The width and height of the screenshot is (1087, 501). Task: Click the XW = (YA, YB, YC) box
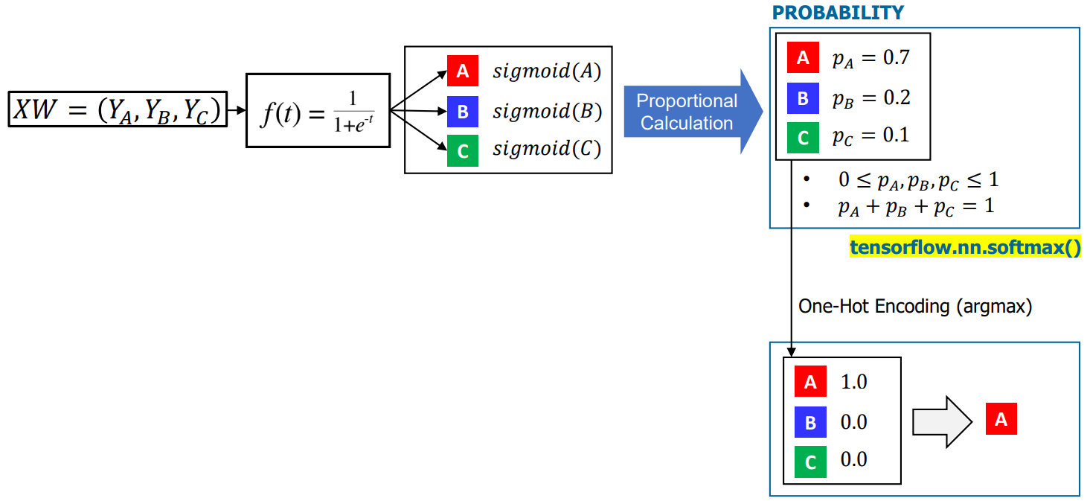pos(118,109)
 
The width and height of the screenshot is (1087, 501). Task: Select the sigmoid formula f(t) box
pos(318,110)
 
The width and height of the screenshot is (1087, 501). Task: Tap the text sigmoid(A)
pos(546,71)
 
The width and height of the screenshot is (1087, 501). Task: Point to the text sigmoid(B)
pos(546,112)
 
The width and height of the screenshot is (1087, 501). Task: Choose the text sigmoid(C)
pos(546,149)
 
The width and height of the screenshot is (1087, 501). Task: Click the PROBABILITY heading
pos(838,13)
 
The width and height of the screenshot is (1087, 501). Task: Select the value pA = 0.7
pos(870,58)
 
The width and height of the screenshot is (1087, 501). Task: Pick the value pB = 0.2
pos(870,98)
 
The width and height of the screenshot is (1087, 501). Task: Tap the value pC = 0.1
pos(870,136)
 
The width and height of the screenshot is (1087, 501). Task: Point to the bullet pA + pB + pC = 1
pos(915,206)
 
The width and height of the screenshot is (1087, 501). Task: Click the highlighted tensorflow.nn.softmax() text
pos(965,248)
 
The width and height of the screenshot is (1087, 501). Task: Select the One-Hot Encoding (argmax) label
pos(915,306)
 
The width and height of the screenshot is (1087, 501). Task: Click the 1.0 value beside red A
pos(853,382)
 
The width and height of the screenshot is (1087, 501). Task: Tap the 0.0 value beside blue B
pos(853,422)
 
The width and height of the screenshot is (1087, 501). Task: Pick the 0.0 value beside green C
pos(853,459)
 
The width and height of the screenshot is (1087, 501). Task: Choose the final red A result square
pos(1001,419)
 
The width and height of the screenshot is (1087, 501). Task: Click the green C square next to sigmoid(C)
pos(462,151)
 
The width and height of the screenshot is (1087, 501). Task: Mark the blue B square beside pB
pos(803,98)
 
